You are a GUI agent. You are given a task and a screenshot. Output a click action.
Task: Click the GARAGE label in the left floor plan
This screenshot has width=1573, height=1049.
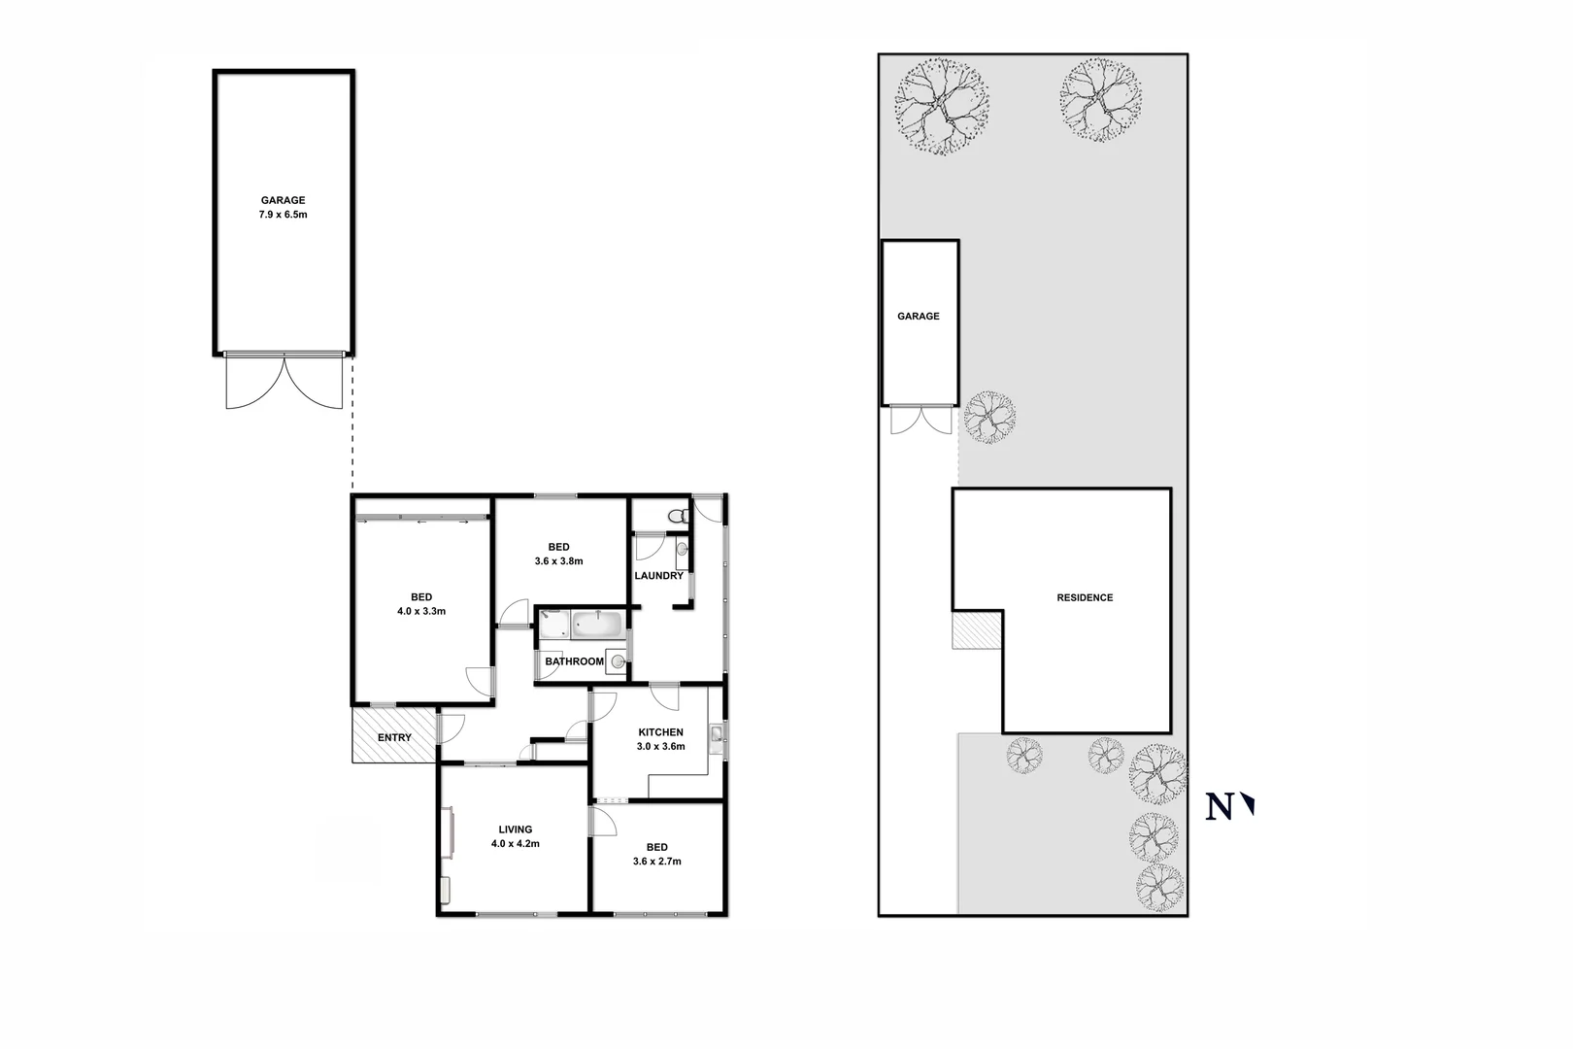[x=283, y=201]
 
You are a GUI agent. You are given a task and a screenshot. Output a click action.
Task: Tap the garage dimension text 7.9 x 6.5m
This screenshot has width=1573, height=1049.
[x=283, y=215]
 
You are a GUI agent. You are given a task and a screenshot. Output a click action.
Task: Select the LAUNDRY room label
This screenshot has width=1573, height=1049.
[x=658, y=576]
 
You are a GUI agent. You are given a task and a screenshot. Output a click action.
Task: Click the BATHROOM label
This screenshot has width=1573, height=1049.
[x=574, y=661]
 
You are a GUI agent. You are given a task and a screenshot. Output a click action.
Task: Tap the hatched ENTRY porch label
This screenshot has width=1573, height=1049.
[x=394, y=738]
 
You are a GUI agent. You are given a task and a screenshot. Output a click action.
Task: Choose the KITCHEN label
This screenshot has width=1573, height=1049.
[x=660, y=732]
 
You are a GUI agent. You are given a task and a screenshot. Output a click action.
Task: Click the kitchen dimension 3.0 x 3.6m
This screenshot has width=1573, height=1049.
[x=660, y=747]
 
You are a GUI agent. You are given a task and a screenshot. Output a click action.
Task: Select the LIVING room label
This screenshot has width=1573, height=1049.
[x=516, y=829]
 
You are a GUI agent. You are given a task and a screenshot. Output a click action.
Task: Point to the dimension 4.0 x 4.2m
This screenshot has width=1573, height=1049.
[x=516, y=844]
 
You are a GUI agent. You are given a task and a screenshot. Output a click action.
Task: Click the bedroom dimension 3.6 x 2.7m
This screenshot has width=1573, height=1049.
[x=657, y=861]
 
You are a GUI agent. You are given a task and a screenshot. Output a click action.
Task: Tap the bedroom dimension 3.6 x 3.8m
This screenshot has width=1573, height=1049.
[x=558, y=560]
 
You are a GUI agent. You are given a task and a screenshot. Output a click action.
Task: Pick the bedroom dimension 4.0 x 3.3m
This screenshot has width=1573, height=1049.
[x=421, y=611]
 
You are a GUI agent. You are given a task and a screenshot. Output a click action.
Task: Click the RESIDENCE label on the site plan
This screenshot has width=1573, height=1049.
[x=1085, y=598]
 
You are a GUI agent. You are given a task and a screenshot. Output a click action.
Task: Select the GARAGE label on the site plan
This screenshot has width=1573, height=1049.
[x=919, y=317]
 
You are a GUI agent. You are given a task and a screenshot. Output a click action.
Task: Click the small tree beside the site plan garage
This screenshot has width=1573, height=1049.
[x=990, y=418]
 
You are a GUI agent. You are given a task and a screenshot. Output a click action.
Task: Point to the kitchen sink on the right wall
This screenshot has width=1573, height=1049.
[x=716, y=736]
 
